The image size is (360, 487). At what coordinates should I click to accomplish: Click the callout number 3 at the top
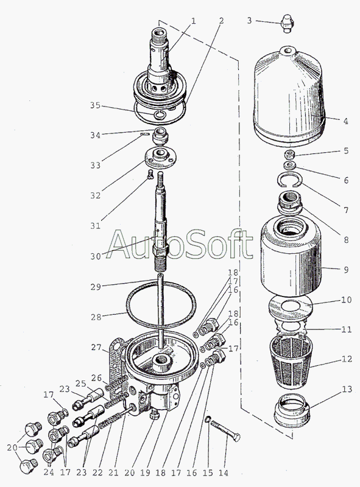pos(249,21)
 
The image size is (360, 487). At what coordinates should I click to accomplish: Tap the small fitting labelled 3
pos(288,23)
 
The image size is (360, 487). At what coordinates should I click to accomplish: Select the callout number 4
pos(346,121)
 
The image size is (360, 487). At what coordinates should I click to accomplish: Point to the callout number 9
pos(346,270)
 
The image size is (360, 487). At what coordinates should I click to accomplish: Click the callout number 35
pos(95,105)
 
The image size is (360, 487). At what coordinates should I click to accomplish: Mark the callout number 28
pos(96,317)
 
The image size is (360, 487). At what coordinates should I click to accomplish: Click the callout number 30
pos(96,256)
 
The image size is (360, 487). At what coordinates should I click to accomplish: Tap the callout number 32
pos(96,195)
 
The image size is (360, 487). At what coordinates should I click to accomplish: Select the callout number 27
pos(96,347)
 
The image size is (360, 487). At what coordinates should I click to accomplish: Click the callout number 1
pos(193,21)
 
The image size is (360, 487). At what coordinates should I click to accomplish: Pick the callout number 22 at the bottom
pos(97,472)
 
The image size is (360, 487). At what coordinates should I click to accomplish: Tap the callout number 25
pos(80,384)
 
